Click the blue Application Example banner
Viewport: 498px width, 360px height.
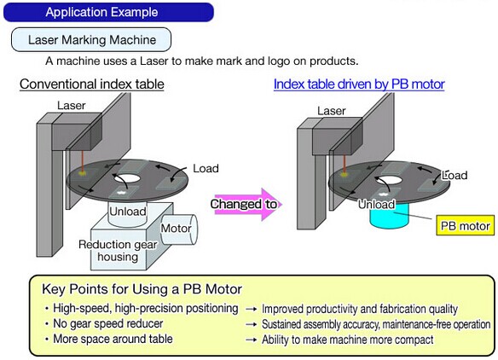point(108,12)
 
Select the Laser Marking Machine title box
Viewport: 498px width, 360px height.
point(91,40)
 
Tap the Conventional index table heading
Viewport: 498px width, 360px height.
point(92,84)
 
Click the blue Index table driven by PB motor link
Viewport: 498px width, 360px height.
point(359,84)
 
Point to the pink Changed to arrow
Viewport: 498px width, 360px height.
point(246,204)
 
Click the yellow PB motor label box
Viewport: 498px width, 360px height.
point(466,225)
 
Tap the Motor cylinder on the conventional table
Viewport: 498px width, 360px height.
point(179,229)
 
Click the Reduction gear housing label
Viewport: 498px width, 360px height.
point(118,251)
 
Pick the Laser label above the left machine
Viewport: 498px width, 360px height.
point(72,105)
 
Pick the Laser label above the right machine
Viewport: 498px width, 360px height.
point(332,111)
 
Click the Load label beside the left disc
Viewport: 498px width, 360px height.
point(206,168)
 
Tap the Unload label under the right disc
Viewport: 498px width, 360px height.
point(376,204)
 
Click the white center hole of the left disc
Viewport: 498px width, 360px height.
point(127,178)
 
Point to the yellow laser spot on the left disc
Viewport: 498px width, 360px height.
point(84,173)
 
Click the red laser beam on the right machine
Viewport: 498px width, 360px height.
point(345,165)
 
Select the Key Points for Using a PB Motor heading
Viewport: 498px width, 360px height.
point(142,289)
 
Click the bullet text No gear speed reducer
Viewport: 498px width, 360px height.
point(108,324)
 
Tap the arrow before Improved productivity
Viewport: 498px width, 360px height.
point(252,309)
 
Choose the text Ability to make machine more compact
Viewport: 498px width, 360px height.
point(347,340)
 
